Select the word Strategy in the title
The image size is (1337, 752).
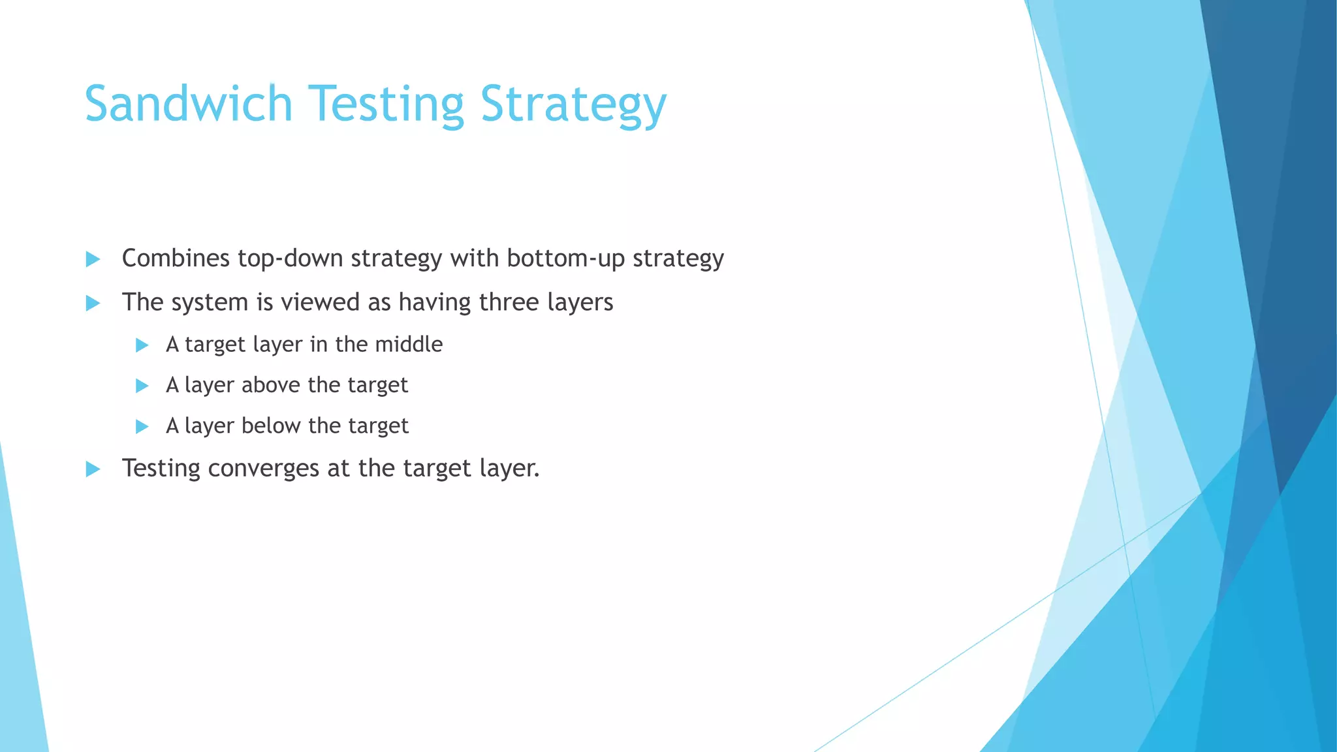pos(573,104)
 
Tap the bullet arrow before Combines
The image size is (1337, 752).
pos(93,259)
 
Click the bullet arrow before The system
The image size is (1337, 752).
pos(93,303)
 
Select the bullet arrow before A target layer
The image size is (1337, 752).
pos(142,345)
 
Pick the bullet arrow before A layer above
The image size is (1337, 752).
pos(142,386)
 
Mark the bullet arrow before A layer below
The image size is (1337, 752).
pos(142,427)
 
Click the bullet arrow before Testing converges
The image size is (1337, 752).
pos(93,469)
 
